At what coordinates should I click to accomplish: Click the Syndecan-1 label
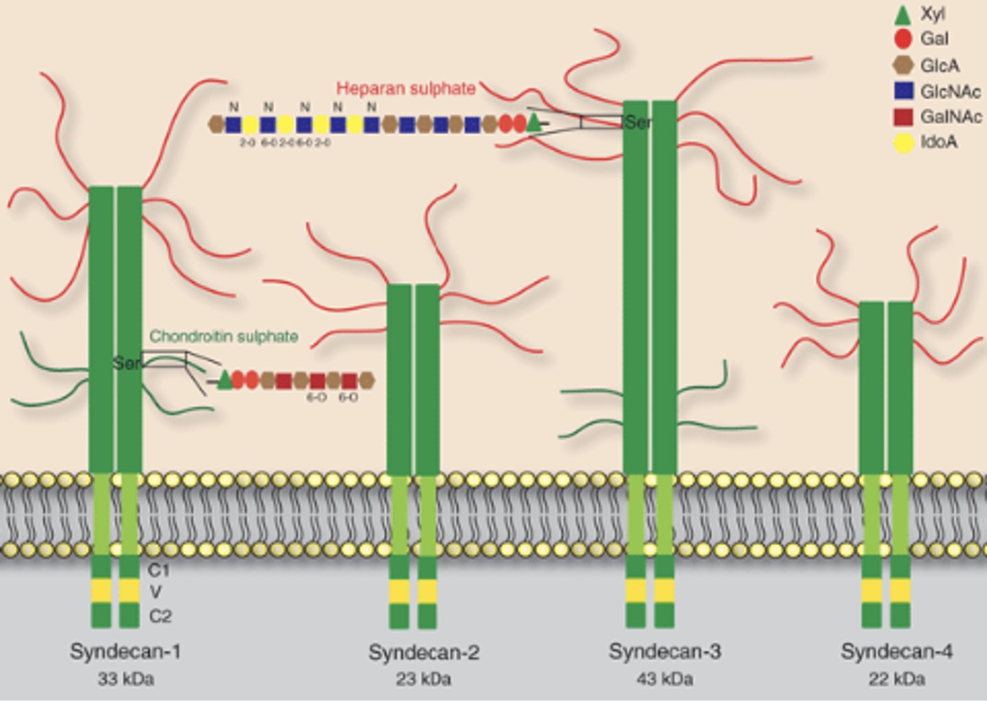(x=125, y=651)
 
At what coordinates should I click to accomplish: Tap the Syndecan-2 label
(x=424, y=653)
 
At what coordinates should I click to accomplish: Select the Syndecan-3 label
(x=664, y=651)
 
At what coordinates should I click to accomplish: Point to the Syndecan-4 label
(x=897, y=651)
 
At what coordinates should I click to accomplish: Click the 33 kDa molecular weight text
(x=125, y=679)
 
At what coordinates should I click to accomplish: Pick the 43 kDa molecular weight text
(x=664, y=679)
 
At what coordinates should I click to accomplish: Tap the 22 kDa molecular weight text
(x=897, y=679)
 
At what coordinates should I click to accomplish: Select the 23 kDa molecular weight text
(x=423, y=679)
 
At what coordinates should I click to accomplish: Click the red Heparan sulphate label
(x=406, y=89)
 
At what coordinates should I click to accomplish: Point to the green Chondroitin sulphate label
(x=223, y=336)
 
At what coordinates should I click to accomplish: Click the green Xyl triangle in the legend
(x=903, y=14)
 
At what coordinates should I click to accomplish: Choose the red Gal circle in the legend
(x=903, y=39)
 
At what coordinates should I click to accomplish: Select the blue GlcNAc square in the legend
(x=904, y=91)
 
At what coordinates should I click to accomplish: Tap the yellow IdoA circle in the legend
(x=904, y=142)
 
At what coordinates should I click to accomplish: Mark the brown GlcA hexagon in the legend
(x=903, y=65)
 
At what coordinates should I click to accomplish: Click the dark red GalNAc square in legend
(x=904, y=117)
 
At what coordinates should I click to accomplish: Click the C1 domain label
(x=158, y=570)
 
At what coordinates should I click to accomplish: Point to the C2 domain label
(x=160, y=616)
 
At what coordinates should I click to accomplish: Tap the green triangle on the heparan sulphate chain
(x=535, y=123)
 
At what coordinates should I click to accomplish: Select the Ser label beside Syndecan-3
(x=638, y=123)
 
